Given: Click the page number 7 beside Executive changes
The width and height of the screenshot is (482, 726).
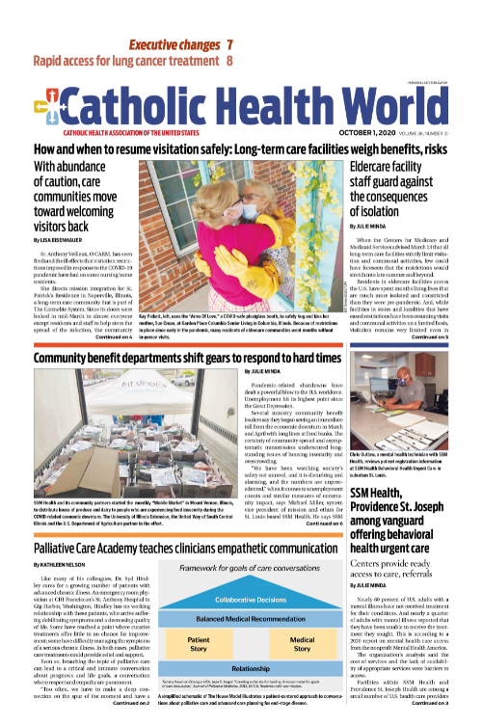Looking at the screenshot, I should [x=230, y=45].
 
